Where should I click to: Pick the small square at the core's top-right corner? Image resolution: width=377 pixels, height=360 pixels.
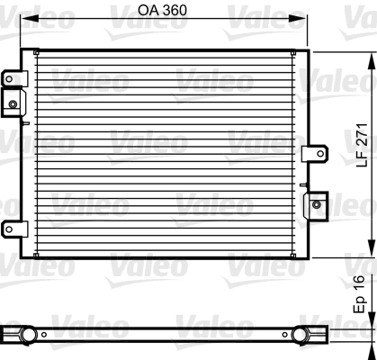pos(302,55)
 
